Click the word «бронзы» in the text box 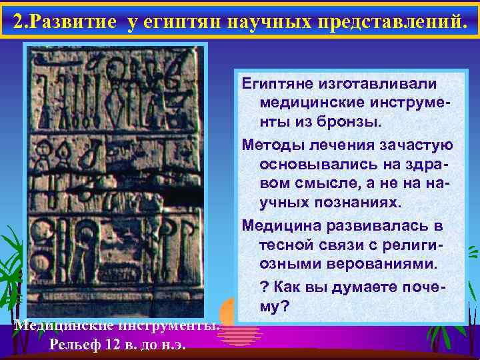click(350, 122)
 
